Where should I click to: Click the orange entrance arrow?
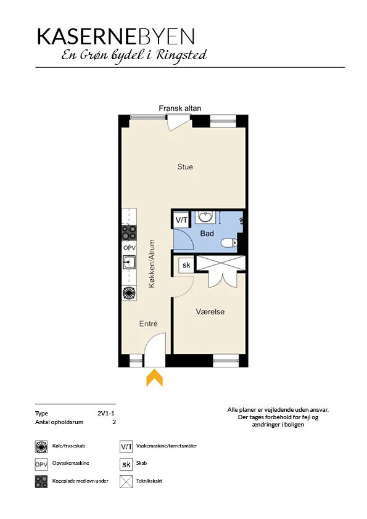[155, 378]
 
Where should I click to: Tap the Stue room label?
[185, 167]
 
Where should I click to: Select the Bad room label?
[207, 234]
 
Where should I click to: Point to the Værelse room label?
[210, 312]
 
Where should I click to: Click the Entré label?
[149, 324]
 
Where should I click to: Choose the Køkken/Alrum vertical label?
[152, 264]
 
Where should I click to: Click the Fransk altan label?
[180, 108]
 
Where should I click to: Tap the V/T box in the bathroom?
[181, 220]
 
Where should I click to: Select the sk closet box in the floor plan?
[186, 265]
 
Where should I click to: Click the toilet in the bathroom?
[229, 243]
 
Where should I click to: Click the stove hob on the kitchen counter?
[129, 232]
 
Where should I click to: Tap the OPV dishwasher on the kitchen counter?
[129, 248]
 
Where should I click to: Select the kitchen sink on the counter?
[129, 263]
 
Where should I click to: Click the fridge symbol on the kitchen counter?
[129, 293]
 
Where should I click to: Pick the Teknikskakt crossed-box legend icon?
[126, 481]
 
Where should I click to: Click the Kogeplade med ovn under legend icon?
[41, 481]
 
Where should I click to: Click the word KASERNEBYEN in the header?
[115, 36]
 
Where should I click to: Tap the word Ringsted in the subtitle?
[181, 55]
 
